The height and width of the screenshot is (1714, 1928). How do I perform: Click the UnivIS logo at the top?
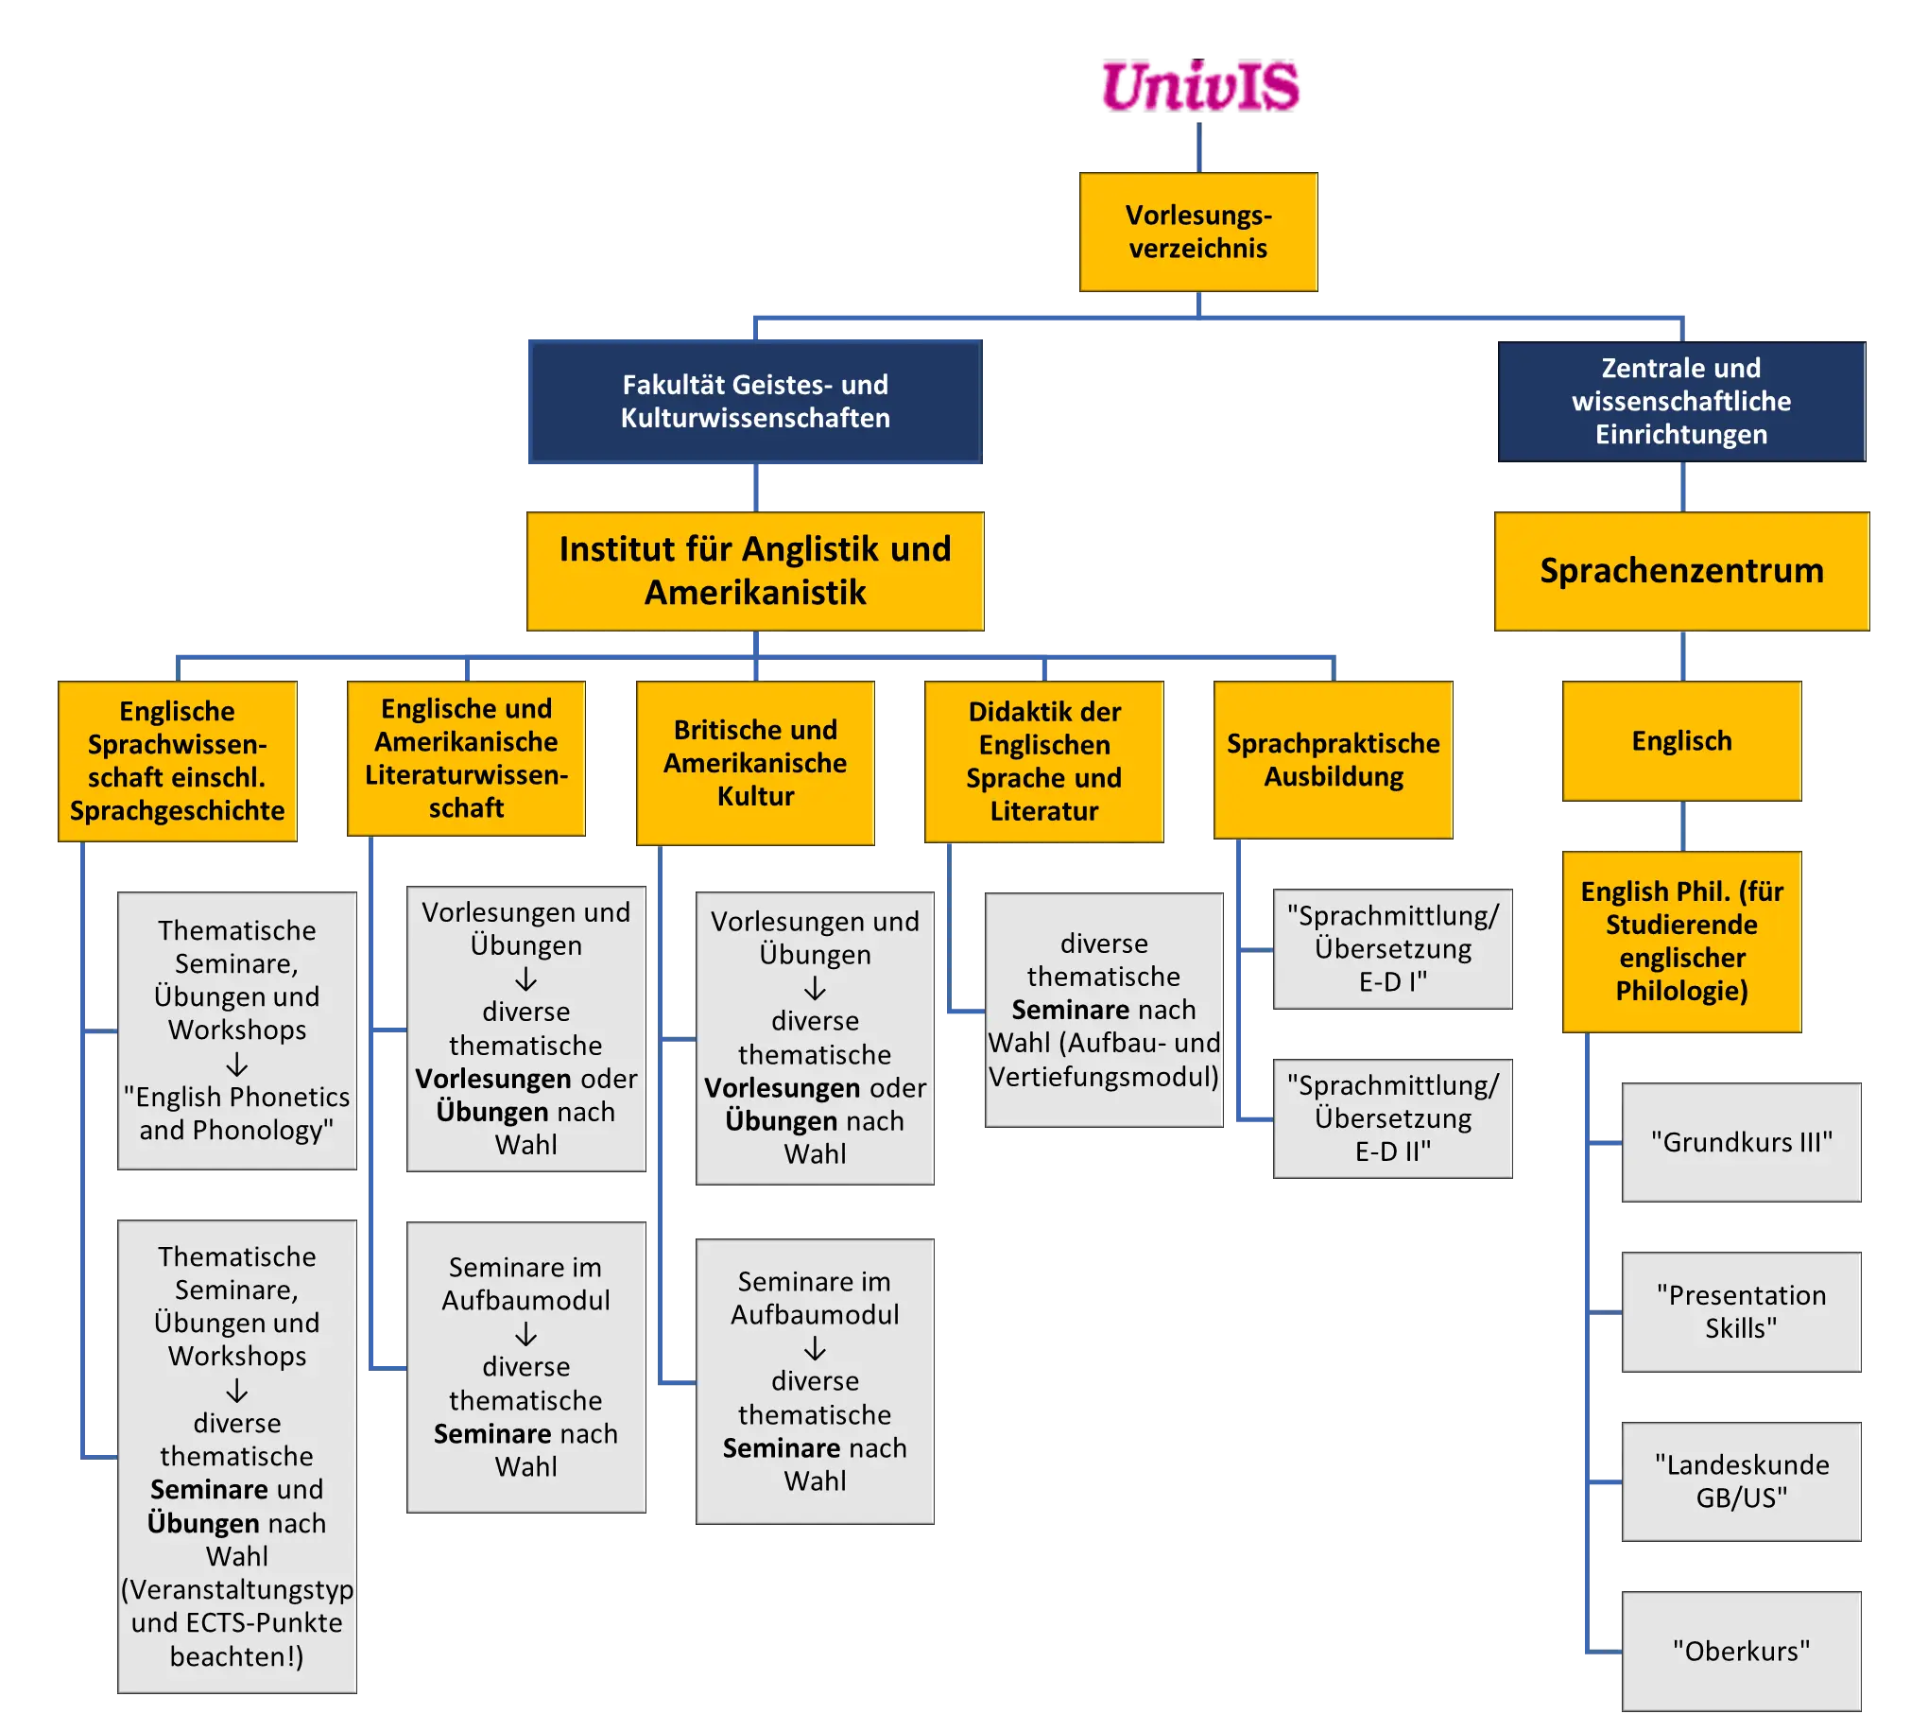(1200, 86)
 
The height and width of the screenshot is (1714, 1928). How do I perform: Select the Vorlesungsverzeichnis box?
(1198, 232)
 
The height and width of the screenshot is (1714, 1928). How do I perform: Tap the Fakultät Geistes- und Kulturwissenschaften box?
(754, 402)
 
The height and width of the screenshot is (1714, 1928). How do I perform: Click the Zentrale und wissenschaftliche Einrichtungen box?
(1680, 401)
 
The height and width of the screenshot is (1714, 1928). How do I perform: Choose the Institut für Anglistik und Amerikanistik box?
(755, 571)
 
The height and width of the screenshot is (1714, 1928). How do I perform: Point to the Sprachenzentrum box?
(1681, 571)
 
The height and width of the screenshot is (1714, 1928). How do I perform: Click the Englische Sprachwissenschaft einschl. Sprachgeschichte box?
(178, 761)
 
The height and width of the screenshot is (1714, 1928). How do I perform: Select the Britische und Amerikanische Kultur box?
(755, 762)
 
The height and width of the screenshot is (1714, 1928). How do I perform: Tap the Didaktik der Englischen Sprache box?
(1043, 761)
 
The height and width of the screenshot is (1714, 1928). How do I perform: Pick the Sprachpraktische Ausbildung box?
(1334, 760)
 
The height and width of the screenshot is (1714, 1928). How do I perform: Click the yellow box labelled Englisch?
(1681, 741)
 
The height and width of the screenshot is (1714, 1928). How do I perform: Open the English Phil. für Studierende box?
(1681, 941)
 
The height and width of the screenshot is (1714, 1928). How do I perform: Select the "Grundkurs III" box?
(1741, 1142)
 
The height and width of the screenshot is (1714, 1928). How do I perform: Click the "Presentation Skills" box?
(1741, 1311)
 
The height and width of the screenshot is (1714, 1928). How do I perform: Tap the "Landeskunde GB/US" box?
(1741, 1481)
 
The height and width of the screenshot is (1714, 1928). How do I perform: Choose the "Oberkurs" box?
(1741, 1651)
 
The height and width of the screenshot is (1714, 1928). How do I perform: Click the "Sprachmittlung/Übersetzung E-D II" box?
(1392, 1118)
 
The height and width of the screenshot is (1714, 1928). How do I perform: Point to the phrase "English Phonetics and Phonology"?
(236, 1114)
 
